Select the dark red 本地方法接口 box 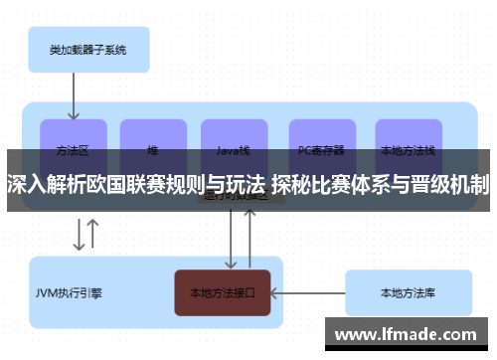click(223, 293)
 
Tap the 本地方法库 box click(407, 293)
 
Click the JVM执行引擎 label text click(69, 293)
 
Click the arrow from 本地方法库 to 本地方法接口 click(307, 293)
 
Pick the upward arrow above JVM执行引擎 click(93, 234)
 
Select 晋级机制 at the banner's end click(456, 184)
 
